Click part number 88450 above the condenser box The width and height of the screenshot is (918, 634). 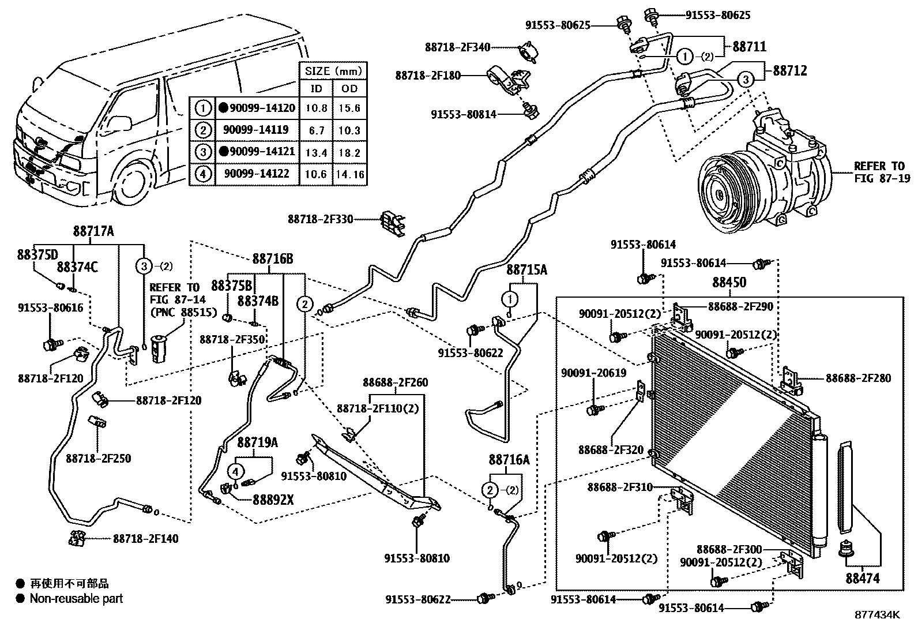pyautogui.click(x=729, y=282)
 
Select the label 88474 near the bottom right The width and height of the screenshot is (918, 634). pyautogui.click(x=863, y=578)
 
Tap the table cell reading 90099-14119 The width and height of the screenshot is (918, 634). pyautogui.click(x=257, y=130)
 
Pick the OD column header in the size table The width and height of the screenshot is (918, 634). pyautogui.click(x=349, y=88)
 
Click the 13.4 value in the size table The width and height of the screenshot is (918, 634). pyautogui.click(x=316, y=152)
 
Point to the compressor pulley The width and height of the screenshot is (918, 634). pyautogui.click(x=724, y=193)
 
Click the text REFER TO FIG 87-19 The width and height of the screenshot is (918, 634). pyautogui.click(x=882, y=172)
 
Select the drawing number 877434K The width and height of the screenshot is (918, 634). pyautogui.click(x=877, y=615)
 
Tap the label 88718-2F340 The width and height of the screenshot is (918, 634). pyautogui.click(x=458, y=48)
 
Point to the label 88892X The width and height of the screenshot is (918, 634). pyautogui.click(x=273, y=500)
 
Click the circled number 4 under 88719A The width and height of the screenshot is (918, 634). pyautogui.click(x=235, y=471)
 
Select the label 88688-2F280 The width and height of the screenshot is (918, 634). pyautogui.click(x=858, y=378)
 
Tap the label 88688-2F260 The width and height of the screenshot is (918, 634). pyautogui.click(x=395, y=382)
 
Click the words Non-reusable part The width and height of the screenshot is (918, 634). pyautogui.click(x=77, y=599)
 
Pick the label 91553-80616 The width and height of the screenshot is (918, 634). pyautogui.click(x=50, y=308)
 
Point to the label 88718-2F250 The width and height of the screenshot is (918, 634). pyautogui.click(x=98, y=459)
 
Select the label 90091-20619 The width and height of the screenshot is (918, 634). pyautogui.click(x=593, y=373)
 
